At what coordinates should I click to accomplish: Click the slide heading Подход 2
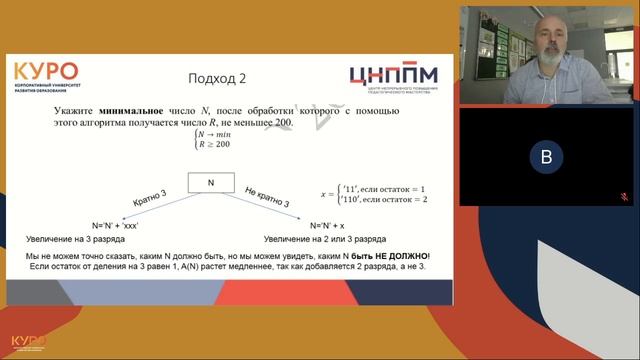pos(217,78)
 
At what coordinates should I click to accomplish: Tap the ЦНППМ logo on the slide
pos(394,77)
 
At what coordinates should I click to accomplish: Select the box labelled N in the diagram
pos(211,183)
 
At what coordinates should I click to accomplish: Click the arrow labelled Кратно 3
pos(150,198)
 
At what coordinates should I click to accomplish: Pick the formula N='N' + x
pos(333,226)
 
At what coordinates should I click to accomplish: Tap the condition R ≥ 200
pos(215,144)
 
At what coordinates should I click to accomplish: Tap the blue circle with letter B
pos(544,157)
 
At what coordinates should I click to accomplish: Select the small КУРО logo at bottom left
pos(28,342)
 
